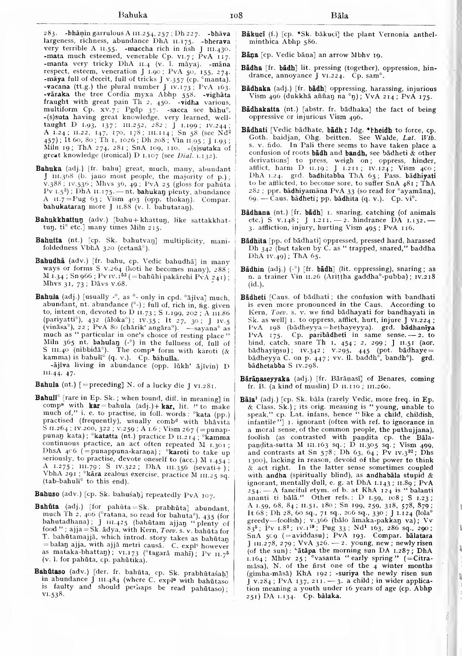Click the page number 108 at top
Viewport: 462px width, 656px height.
236,16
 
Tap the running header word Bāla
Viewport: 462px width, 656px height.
340,16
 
